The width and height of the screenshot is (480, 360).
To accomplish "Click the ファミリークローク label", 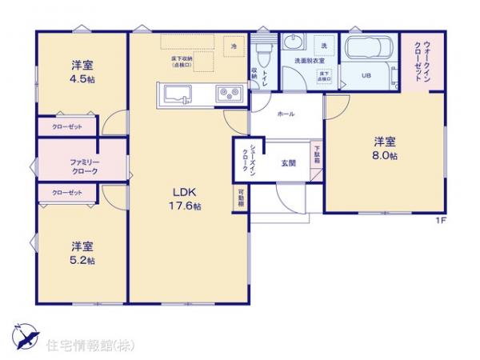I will click(x=83, y=166).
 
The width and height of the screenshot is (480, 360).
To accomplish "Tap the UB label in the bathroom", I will click(x=366, y=76).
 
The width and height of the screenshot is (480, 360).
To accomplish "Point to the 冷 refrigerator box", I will click(x=234, y=47).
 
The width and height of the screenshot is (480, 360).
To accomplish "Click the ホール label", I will click(x=286, y=114).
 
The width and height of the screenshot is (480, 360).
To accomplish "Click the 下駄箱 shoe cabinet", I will click(x=317, y=153).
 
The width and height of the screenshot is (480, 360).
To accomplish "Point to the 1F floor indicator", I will click(x=440, y=220).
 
